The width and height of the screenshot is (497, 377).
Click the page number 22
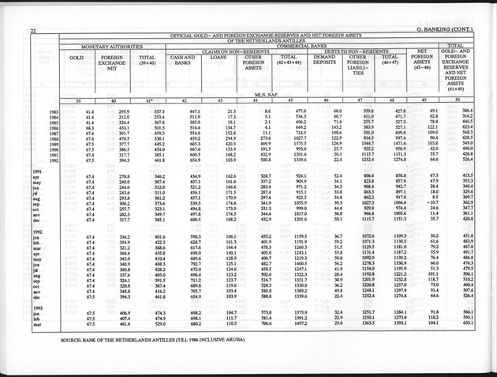[x=33, y=30]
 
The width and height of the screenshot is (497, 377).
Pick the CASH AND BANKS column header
[x=183, y=61]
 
